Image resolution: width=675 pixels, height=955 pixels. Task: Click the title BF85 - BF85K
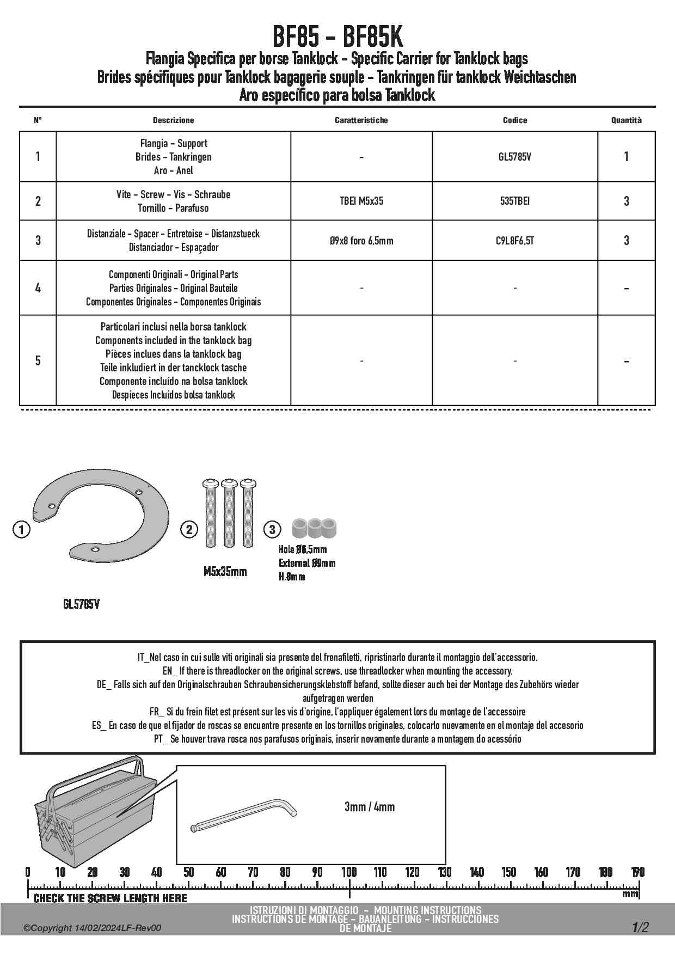pos(337,38)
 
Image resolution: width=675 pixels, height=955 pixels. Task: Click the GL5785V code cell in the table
pos(514,157)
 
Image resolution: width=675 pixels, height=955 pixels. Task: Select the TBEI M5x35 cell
pos(361,201)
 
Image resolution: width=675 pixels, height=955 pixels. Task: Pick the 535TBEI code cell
pos(514,201)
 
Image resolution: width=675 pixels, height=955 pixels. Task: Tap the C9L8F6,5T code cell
pos(514,240)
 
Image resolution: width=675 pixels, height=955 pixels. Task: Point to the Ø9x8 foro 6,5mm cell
pos(361,240)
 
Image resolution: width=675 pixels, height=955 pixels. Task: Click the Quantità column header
pos(626,120)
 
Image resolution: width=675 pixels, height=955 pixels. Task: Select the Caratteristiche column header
pos(361,120)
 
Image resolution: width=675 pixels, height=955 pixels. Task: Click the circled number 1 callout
pos(21,529)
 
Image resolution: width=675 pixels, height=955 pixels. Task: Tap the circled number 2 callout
pos(189,529)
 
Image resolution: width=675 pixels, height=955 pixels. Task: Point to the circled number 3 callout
pos(272,529)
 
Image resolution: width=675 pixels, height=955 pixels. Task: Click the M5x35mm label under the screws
pos(225,572)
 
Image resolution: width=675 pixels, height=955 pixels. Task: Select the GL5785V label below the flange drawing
pos(81,604)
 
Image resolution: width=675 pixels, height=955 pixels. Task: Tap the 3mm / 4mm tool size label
pos(369,807)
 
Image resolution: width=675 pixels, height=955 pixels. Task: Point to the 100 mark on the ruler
pos(349,872)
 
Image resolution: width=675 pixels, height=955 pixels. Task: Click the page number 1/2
pos(640,927)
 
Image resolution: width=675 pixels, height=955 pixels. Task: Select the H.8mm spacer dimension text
pos(292,577)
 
